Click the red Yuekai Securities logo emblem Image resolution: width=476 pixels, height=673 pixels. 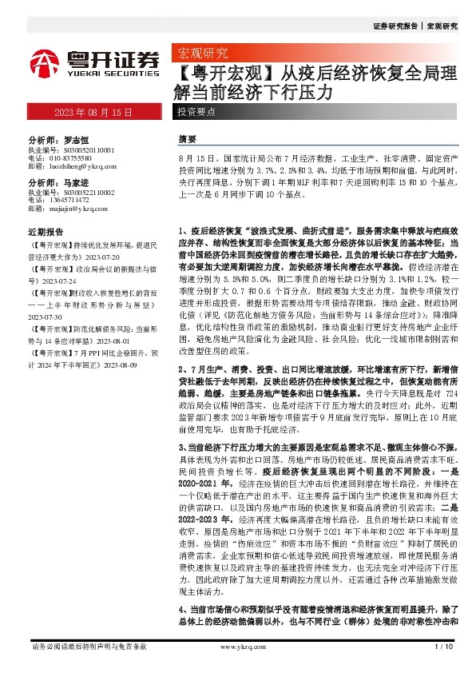tap(46, 62)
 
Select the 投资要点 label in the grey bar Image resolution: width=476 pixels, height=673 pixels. tap(196, 113)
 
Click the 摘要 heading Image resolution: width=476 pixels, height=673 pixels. tap(187, 138)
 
